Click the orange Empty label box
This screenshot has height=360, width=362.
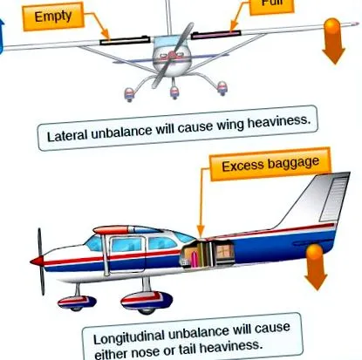click(53, 17)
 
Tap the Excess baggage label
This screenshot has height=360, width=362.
click(270, 164)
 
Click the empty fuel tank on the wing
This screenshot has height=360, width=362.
click(125, 40)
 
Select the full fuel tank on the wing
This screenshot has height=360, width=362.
click(215, 34)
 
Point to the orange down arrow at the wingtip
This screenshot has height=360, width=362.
click(333, 41)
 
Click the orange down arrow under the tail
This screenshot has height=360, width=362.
click(316, 267)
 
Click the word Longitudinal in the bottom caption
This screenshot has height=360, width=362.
click(130, 336)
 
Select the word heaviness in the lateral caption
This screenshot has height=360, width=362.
click(278, 122)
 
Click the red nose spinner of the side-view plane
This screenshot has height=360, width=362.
click(36, 261)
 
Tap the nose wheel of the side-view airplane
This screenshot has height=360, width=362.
click(77, 302)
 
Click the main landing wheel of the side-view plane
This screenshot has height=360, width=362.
click(147, 302)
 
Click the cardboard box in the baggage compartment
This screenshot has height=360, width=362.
click(223, 252)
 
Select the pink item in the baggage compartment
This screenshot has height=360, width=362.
click(194, 259)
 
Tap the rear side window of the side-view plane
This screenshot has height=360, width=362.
click(161, 243)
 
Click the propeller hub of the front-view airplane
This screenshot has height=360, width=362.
click(172, 55)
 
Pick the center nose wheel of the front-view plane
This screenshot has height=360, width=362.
click(174, 93)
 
